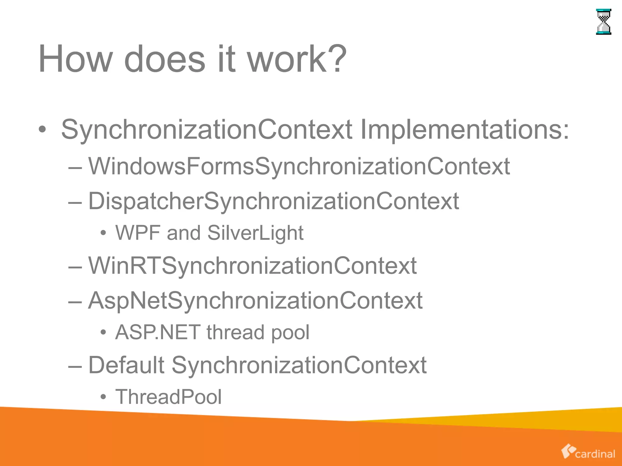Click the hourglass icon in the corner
click(x=603, y=22)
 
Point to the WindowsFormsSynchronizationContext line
click(x=299, y=167)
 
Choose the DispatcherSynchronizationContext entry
click(x=273, y=201)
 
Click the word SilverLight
click(x=255, y=233)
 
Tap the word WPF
click(x=138, y=233)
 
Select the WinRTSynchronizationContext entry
click(x=252, y=266)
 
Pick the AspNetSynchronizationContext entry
click(x=255, y=301)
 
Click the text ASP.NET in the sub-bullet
click(x=158, y=332)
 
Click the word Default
click(x=126, y=365)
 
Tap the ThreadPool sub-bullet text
click(x=169, y=397)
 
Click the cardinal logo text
click(x=595, y=454)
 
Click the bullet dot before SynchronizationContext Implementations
click(x=42, y=130)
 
